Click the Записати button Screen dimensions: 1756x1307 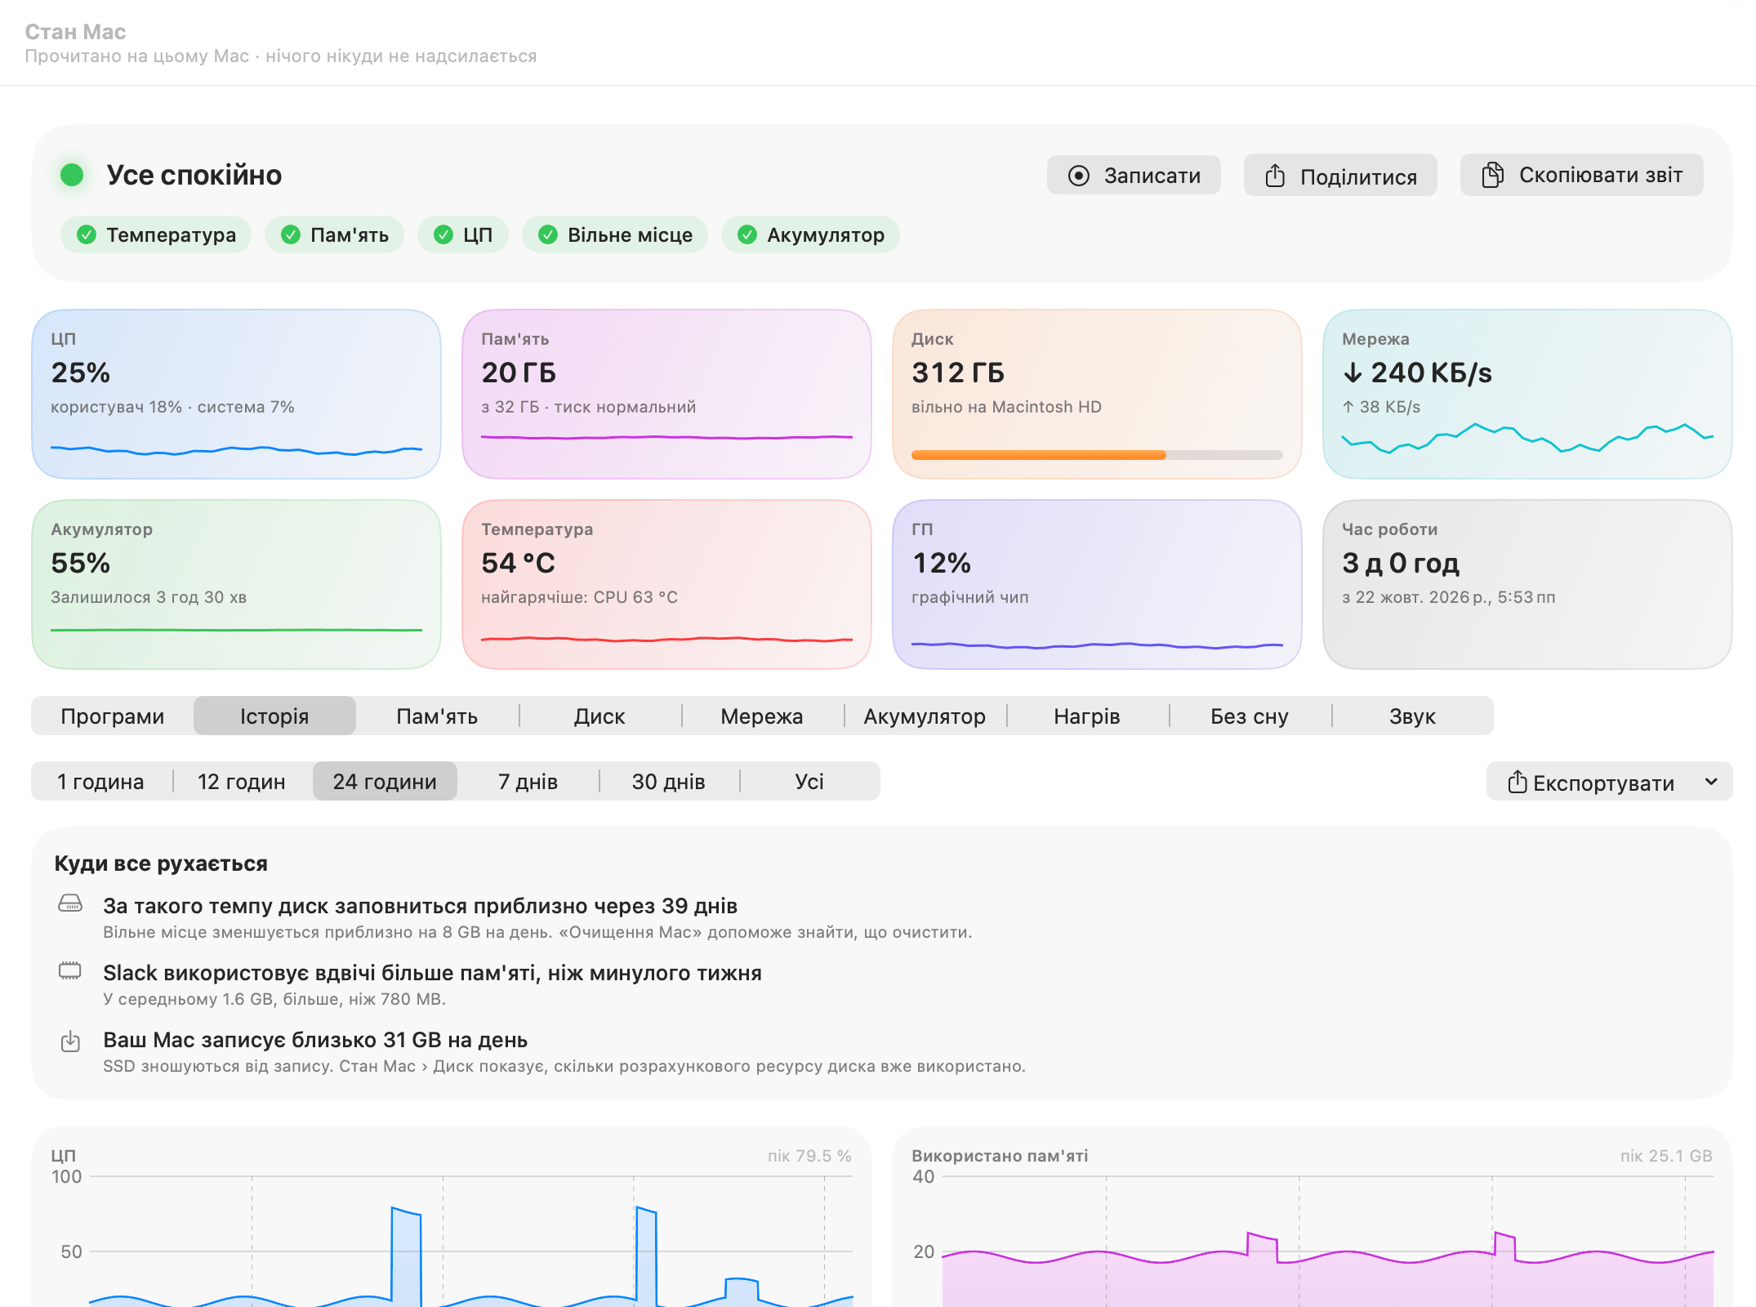tap(1134, 176)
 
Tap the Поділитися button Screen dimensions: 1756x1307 tap(1340, 176)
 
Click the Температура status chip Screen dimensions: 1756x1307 tap(156, 235)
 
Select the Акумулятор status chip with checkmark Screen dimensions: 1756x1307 tap(810, 235)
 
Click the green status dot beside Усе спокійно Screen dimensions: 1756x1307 tap(72, 175)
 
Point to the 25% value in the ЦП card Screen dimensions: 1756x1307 tap(80, 372)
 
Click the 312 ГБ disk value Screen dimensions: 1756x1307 tap(958, 372)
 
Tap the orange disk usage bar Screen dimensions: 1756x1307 tap(1038, 455)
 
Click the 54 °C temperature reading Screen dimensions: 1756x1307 tap(518, 563)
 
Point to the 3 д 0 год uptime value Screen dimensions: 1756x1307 tap(1401, 563)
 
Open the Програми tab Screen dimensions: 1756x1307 tap(113, 716)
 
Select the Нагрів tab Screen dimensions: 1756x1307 tap(1087, 716)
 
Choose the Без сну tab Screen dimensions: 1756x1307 tap(1250, 716)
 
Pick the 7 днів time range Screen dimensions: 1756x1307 tap(528, 782)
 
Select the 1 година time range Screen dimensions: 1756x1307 tap(100, 782)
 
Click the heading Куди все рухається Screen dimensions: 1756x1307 tap(161, 863)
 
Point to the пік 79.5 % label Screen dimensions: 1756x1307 tap(809, 1156)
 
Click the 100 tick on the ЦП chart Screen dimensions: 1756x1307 tap(66, 1177)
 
